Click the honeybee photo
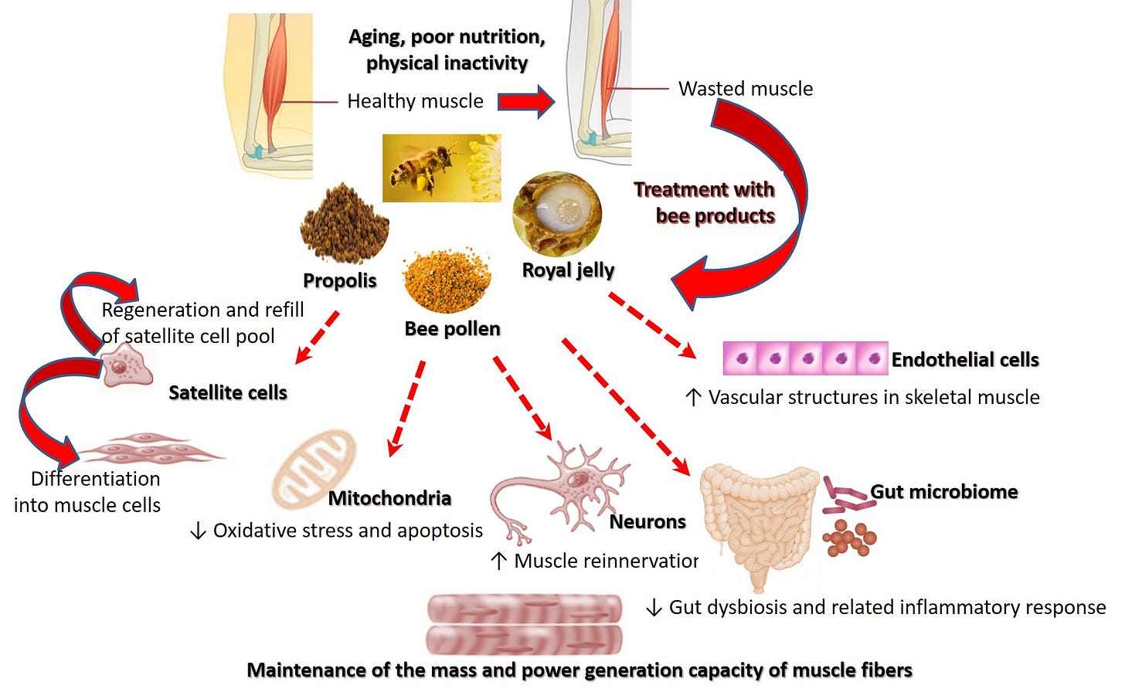tap(441, 168)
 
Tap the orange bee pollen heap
tap(447, 280)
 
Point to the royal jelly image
tap(556, 213)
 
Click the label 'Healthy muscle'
tap(415, 101)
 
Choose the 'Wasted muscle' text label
tap(745, 89)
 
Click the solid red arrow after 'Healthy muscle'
tap(525, 101)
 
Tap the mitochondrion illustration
tap(313, 470)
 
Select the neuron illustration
tap(568, 487)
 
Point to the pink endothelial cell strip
tap(804, 358)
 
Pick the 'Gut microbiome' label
tap(943, 492)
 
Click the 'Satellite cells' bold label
tap(228, 392)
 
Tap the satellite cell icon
tap(124, 366)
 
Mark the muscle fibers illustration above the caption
tap(525, 624)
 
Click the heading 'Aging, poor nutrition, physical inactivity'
tap(447, 49)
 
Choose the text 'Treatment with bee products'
tap(705, 202)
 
